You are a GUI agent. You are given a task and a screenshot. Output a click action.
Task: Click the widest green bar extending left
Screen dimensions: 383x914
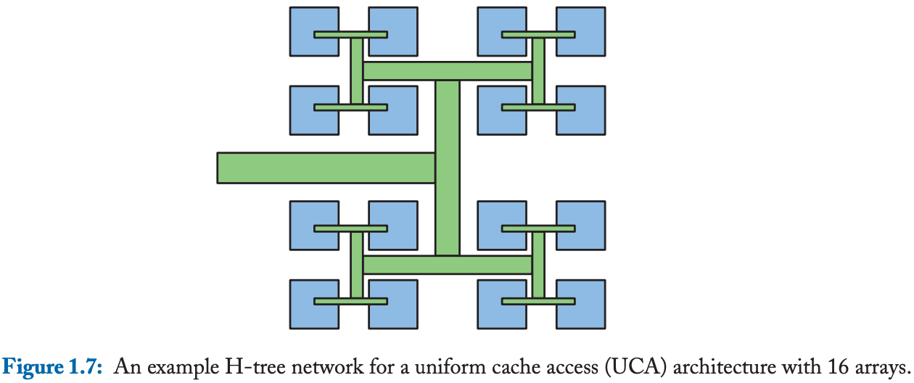326,168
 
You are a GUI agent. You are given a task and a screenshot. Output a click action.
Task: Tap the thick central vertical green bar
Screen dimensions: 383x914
448,168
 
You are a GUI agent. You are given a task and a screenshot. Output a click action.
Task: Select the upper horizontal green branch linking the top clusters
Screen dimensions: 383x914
448,71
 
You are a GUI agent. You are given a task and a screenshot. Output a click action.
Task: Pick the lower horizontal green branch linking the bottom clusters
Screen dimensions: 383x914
448,265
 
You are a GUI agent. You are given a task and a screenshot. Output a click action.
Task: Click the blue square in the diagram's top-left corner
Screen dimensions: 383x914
313,22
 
